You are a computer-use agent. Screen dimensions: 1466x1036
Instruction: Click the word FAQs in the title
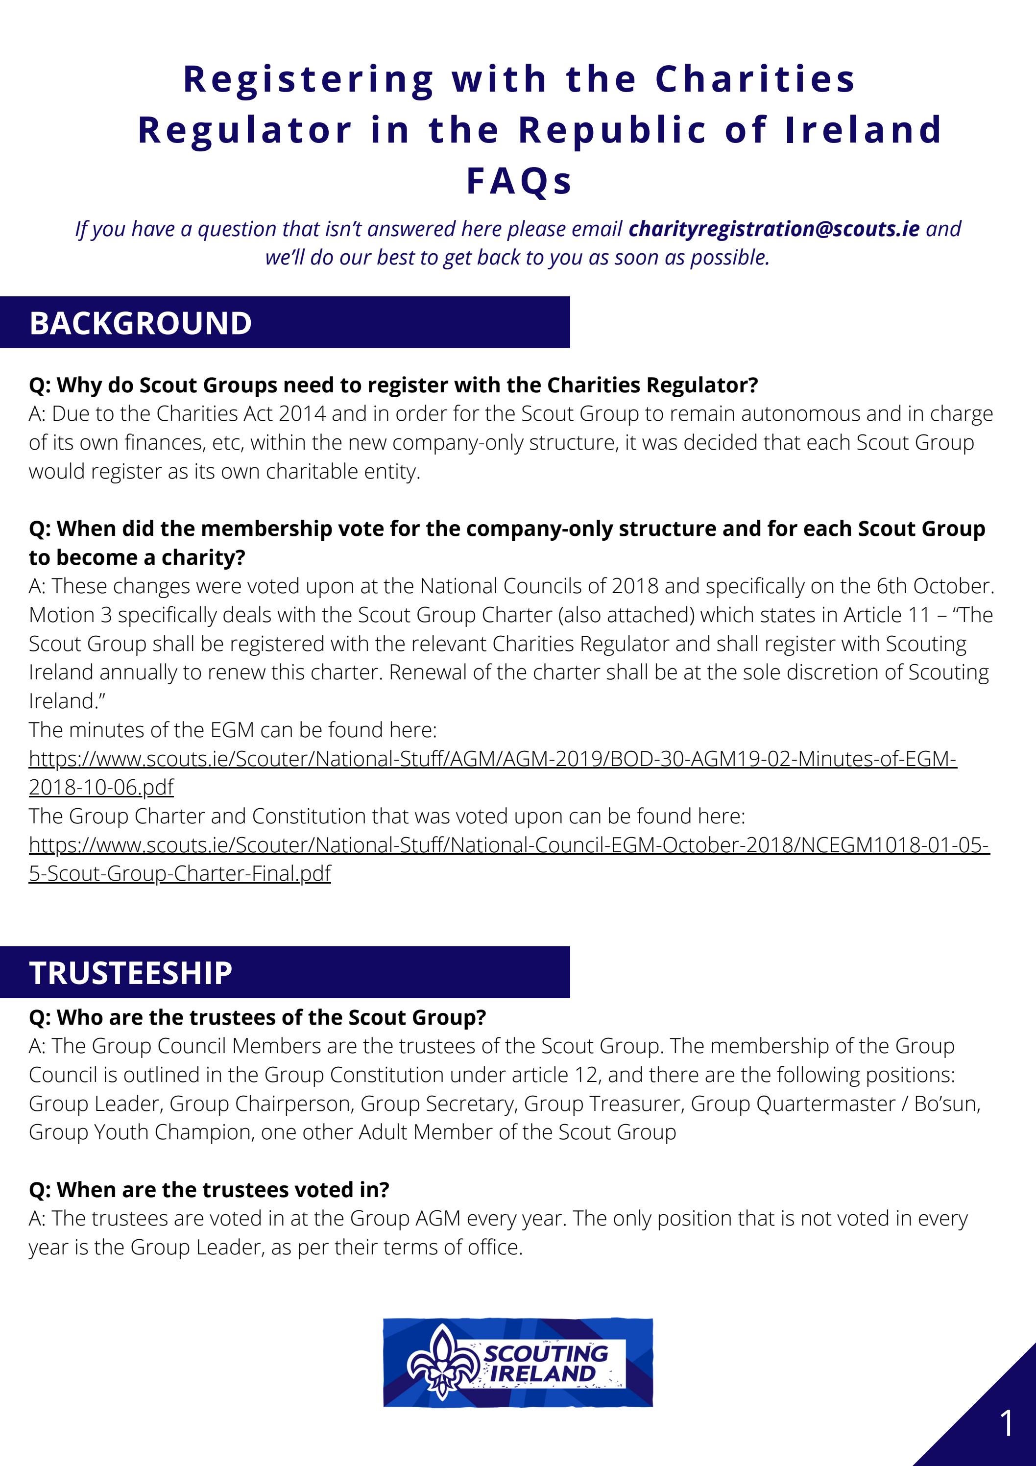coord(519,181)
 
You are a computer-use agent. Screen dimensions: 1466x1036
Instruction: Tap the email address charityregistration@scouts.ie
coord(773,229)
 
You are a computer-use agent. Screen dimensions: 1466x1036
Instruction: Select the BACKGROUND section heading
coord(141,323)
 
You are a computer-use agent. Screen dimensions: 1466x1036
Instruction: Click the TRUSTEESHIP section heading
coord(130,973)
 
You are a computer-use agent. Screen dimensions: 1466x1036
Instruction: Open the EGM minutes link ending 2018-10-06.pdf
coord(492,759)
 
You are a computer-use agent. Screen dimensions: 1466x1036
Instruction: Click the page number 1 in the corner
coord(1007,1424)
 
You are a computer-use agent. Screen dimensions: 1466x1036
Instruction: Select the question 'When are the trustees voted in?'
coord(209,1190)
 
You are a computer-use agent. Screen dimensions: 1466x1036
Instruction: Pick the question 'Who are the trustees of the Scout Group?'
coord(257,1017)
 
